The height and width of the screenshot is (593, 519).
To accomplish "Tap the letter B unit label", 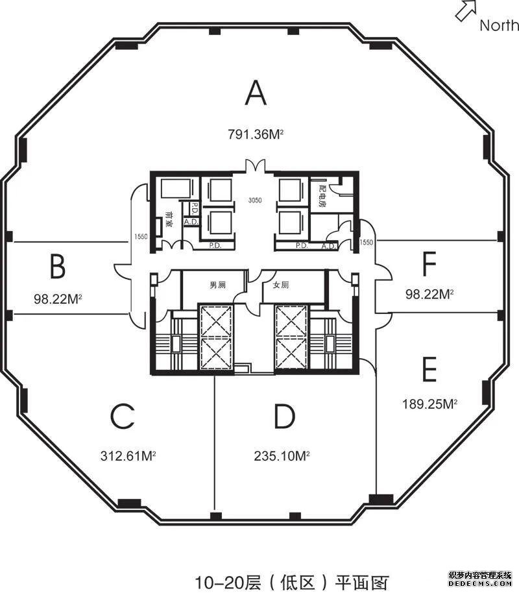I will pyautogui.click(x=58, y=266).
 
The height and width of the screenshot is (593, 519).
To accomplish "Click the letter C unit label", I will pyautogui.click(x=123, y=417).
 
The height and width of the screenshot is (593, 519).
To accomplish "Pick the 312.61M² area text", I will pyautogui.click(x=128, y=455).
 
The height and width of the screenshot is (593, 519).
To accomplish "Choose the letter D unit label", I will pyautogui.click(x=284, y=417).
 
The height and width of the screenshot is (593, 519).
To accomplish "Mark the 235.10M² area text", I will pyautogui.click(x=282, y=455).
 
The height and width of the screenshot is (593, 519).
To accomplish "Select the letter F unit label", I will pyautogui.click(x=429, y=264).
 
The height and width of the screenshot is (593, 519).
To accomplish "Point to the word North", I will pyautogui.click(x=499, y=26).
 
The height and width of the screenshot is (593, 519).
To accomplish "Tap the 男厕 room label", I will pyautogui.click(x=217, y=285).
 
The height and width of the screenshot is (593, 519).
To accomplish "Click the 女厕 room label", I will pyautogui.click(x=281, y=285).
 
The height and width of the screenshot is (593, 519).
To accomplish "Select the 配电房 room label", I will pyautogui.click(x=321, y=194).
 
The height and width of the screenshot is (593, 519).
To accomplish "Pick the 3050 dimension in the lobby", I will pyautogui.click(x=255, y=200).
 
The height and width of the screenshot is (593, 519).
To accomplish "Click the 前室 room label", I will pyautogui.click(x=169, y=218).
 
